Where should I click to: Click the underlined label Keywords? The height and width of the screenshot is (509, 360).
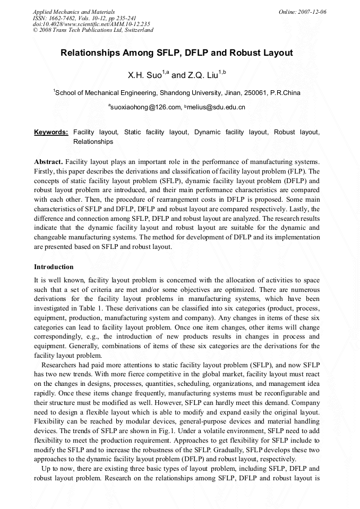[51, 132]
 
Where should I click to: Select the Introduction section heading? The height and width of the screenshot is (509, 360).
[54, 266]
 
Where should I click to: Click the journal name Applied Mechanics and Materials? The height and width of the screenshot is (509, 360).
[74, 12]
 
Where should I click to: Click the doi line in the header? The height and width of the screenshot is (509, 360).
[91, 24]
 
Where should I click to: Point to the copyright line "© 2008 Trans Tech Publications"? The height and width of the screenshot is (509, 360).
[93, 30]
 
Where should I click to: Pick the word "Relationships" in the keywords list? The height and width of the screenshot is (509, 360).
[93, 142]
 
